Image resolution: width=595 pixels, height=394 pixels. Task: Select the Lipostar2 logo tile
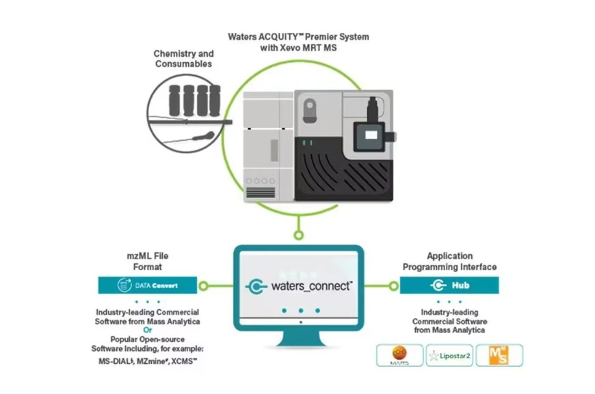pyautogui.click(x=450, y=355)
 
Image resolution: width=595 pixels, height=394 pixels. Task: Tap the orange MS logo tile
pyautogui.click(x=500, y=355)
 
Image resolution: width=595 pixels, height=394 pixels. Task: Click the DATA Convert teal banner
pyautogui.click(x=147, y=285)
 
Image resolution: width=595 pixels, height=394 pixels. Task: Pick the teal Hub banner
pyautogui.click(x=449, y=285)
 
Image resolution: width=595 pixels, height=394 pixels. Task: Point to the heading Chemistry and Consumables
pyautogui.click(x=183, y=59)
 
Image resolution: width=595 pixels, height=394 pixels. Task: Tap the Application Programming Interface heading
pyautogui.click(x=449, y=261)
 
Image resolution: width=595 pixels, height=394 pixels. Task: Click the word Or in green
pyautogui.click(x=148, y=330)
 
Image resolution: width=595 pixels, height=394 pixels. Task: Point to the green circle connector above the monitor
pyautogui.click(x=298, y=235)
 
